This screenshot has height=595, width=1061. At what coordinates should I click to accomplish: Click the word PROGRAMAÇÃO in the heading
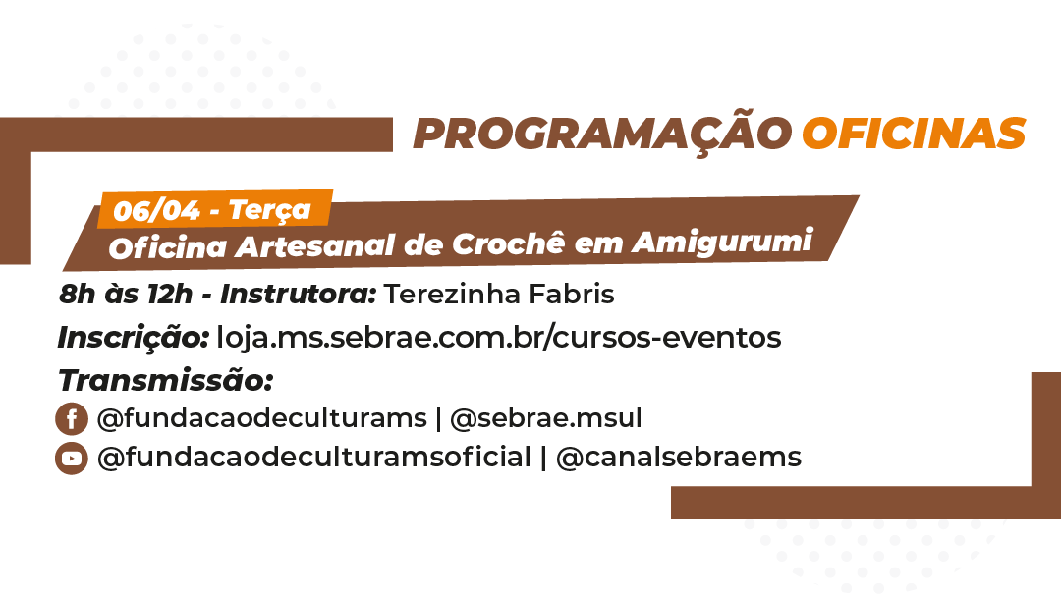(602, 133)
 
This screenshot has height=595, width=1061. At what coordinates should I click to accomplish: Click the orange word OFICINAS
(915, 134)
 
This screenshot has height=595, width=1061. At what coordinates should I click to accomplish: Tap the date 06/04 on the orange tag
(156, 211)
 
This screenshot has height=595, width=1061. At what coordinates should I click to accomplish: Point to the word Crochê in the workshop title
(508, 243)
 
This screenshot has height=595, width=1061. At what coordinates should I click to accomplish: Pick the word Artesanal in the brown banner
(314, 246)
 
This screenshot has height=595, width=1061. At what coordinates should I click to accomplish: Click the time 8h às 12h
(126, 295)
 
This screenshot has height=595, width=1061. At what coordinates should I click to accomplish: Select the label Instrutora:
(299, 295)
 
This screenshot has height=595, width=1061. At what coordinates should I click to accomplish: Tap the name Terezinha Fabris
(499, 295)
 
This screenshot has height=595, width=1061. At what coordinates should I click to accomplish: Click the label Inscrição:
(134, 338)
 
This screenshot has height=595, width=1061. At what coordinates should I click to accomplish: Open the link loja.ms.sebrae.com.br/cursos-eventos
(499, 338)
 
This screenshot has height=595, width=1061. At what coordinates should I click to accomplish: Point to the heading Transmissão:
(166, 380)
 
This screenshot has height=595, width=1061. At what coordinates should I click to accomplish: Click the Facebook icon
(72, 418)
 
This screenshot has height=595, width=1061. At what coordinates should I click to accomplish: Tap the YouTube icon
(72, 459)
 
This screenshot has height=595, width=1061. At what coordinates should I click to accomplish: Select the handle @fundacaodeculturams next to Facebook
(262, 418)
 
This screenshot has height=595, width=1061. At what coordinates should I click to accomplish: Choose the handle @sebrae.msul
(546, 418)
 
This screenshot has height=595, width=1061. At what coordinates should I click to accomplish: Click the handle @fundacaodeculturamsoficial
(314, 458)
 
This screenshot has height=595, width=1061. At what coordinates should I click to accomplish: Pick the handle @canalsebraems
(679, 458)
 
